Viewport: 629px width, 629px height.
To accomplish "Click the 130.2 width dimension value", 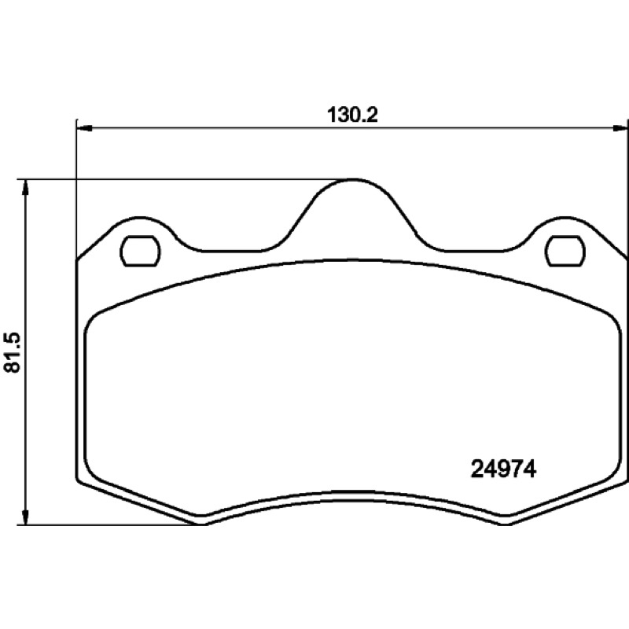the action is [x=352, y=114].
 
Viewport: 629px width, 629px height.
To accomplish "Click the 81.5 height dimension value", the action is [x=12, y=352].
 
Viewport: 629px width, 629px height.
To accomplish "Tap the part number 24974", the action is [x=503, y=469].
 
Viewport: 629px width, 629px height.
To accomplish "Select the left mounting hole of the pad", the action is [x=140, y=251].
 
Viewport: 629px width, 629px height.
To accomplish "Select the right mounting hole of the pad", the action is [x=565, y=251].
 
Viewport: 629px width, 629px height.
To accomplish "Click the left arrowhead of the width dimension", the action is [x=84, y=128].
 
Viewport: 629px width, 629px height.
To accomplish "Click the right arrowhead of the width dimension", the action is [x=620, y=128].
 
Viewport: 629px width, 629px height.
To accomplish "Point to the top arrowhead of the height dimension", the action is [x=25, y=188].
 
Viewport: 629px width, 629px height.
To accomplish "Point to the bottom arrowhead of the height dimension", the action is [x=25, y=517].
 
